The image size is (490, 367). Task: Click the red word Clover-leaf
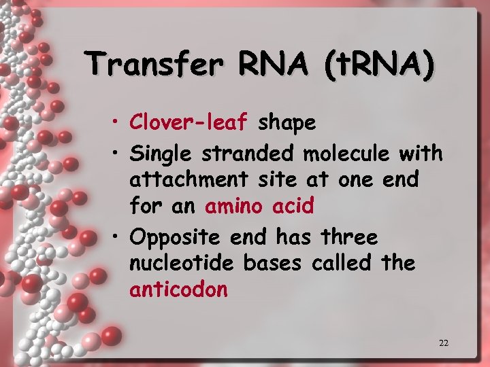click(x=191, y=122)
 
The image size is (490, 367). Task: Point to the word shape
click(x=287, y=124)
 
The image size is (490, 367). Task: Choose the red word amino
click(x=233, y=205)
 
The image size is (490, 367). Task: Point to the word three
click(x=349, y=237)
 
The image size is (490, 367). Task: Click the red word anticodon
click(x=178, y=290)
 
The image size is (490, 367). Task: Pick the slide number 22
click(x=443, y=343)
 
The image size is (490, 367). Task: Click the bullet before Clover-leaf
click(x=118, y=124)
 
